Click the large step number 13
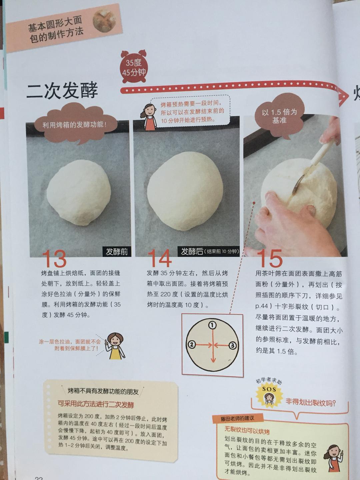point(54,258)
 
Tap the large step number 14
point(160,258)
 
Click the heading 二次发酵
point(62,90)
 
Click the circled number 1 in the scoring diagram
point(212,325)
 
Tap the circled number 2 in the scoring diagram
point(192,345)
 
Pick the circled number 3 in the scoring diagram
point(233,345)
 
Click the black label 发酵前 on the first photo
point(116,252)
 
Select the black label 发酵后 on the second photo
point(192,251)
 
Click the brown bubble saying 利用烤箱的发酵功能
point(74,125)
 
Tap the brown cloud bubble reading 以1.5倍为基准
point(279,116)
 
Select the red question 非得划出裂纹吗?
point(311,402)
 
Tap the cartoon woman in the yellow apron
point(115,346)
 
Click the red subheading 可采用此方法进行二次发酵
point(96,404)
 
